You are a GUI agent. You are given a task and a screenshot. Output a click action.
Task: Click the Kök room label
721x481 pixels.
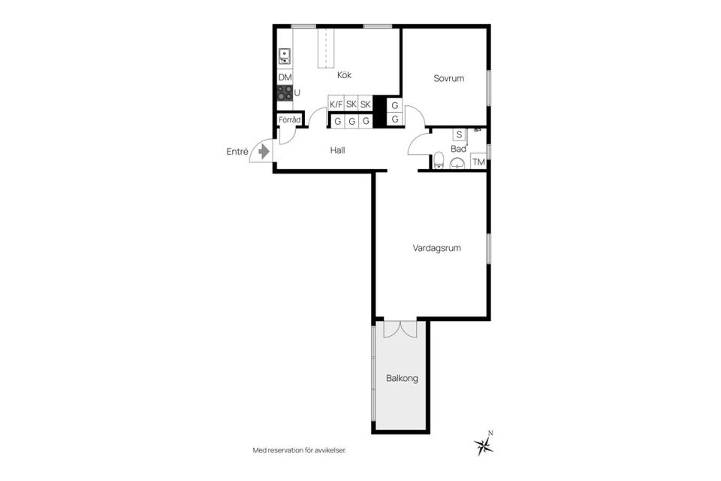tap(344, 75)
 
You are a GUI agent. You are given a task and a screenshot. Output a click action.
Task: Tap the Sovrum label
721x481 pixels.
tap(448, 78)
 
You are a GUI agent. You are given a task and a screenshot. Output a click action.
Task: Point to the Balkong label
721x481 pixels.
tap(402, 378)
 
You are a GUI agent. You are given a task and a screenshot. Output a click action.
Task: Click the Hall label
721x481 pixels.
tap(337, 150)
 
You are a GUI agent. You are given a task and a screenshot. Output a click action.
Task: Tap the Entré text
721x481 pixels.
tap(237, 151)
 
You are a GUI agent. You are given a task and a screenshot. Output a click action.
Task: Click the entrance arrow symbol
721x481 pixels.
tap(263, 152)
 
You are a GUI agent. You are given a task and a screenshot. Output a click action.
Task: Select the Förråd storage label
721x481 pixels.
tap(290, 120)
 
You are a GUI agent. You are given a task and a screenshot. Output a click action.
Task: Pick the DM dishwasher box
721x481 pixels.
tap(285, 77)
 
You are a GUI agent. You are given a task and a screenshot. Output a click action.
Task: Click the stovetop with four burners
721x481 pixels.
tap(285, 93)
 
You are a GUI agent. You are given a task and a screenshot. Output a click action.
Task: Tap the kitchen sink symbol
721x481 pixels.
tap(285, 55)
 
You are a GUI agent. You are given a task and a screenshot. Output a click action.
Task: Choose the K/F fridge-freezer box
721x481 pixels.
tap(336, 104)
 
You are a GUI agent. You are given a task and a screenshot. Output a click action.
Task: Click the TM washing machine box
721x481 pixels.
tap(478, 162)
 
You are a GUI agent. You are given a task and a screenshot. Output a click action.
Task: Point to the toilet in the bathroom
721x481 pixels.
tap(438, 160)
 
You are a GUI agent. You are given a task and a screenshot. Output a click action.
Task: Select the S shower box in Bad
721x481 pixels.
tap(457, 135)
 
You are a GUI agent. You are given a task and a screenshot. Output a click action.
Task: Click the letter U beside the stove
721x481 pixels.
tap(297, 93)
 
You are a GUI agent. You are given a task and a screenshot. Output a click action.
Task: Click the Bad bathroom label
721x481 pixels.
tap(458, 149)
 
